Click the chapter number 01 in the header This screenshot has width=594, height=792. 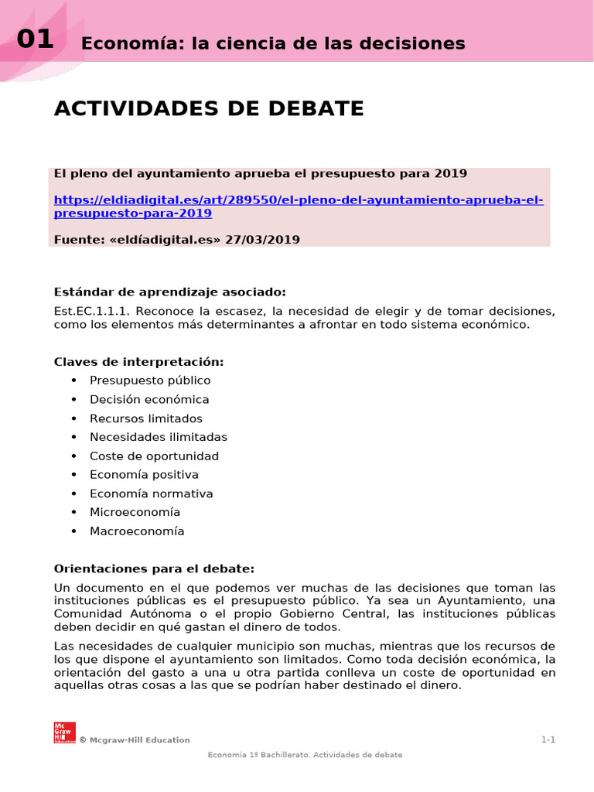35,39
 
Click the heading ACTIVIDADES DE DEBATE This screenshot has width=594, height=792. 209,109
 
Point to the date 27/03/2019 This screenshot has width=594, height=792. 262,240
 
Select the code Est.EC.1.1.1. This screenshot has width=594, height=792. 86,311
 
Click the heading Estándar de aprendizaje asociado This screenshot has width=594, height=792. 169,292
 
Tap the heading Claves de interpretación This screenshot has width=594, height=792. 138,362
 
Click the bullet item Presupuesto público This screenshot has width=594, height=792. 150,381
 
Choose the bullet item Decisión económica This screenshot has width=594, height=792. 149,399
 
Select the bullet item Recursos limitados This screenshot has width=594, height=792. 146,418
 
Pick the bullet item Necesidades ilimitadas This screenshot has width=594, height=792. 159,437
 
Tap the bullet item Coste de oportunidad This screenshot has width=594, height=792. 154,456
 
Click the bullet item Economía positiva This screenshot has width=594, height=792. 144,475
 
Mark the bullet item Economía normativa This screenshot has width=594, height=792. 151,493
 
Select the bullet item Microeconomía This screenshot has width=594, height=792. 135,512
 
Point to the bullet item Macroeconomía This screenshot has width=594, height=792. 137,531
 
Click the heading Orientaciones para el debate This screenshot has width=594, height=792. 154,568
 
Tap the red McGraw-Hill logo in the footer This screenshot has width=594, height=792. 64,732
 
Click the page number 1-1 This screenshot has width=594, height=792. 548,740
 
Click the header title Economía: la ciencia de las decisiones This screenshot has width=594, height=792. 273,43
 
